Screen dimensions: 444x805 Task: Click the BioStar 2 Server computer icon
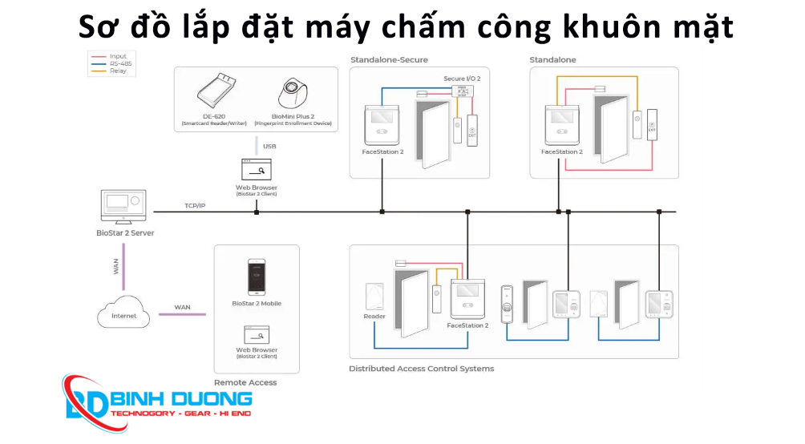pyautogui.click(x=122, y=207)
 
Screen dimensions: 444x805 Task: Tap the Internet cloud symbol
pyautogui.click(x=123, y=314)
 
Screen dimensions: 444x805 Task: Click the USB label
pyautogui.click(x=269, y=147)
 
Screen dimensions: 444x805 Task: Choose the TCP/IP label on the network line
pyautogui.click(x=196, y=206)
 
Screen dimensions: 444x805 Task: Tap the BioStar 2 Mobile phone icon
pyautogui.click(x=256, y=277)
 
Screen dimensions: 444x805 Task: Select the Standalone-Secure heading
pyautogui.click(x=389, y=60)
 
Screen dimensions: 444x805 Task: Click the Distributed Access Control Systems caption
pyautogui.click(x=421, y=369)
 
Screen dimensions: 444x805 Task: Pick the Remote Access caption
pyautogui.click(x=245, y=382)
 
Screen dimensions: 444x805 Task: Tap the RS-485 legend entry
pyautogui.click(x=118, y=63)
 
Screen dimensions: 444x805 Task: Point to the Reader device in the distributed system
pyautogui.click(x=374, y=297)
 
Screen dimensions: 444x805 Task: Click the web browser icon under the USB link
pyautogui.click(x=257, y=170)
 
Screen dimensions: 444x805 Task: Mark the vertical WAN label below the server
pyautogui.click(x=116, y=266)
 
